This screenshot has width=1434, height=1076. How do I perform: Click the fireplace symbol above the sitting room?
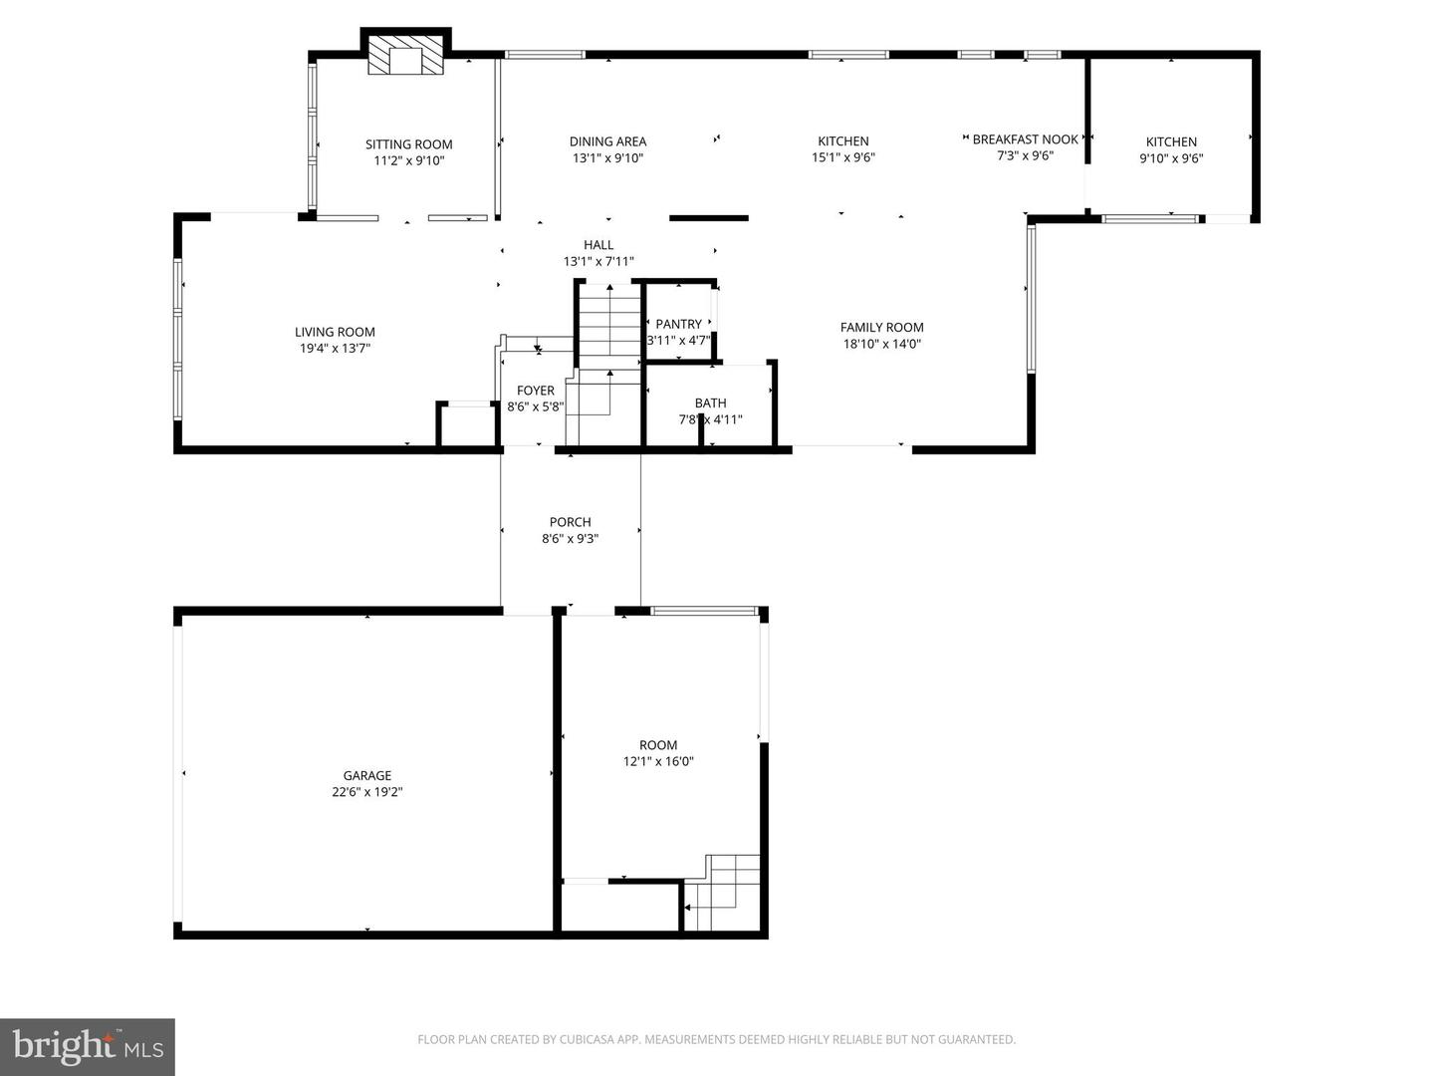click(x=405, y=58)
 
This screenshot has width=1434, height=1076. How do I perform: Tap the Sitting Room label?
click(x=408, y=144)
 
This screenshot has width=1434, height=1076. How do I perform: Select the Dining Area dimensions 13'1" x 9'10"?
click(x=607, y=158)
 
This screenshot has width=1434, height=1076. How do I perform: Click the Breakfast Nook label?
click(x=1025, y=139)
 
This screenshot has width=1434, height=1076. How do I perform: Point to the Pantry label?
click(x=678, y=324)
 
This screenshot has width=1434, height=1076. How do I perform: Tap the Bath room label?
click(x=710, y=403)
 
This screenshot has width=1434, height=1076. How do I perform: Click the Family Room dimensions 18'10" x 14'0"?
click(x=881, y=344)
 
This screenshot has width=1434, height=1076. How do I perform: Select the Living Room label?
click(x=335, y=332)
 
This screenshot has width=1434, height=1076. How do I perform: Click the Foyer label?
click(x=535, y=391)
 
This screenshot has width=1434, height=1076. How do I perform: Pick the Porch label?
click(x=570, y=522)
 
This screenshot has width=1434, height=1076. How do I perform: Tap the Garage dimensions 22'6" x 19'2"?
click(x=367, y=793)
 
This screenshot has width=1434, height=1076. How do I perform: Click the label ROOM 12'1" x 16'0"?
click(x=657, y=753)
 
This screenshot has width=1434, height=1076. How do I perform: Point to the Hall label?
click(x=597, y=245)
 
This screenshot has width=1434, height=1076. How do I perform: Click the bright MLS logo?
click(x=88, y=1046)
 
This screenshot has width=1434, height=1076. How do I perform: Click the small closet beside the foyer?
click(x=467, y=425)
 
